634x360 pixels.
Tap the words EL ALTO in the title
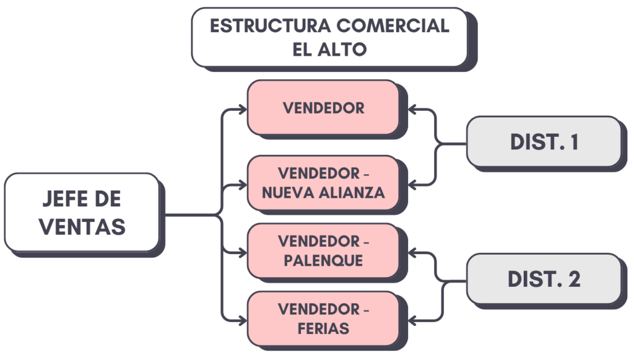tap(329, 50)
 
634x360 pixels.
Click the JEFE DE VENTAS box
tap(82, 213)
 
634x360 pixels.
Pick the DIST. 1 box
tap(543, 142)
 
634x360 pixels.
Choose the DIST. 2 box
tap(543, 279)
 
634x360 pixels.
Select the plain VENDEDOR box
tap(323, 108)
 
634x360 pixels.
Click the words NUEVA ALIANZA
tap(323, 192)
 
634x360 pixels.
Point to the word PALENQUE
tap(323, 261)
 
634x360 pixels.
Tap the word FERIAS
tap(323, 328)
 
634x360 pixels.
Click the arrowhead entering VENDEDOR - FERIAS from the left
tap(241, 320)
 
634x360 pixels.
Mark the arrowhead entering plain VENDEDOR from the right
tap(414, 110)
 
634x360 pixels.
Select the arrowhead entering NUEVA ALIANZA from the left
tap(241, 185)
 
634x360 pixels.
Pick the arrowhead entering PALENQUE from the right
tap(414, 252)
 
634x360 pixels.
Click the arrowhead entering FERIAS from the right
tap(414, 320)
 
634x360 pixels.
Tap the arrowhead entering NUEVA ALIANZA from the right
tap(414, 184)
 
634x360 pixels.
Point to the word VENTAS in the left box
tap(82, 226)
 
